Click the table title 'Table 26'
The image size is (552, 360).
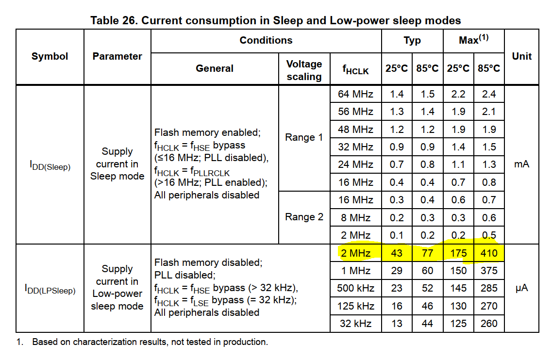[275, 20]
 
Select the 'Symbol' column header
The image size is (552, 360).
[50, 56]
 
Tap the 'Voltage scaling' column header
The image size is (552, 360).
[304, 70]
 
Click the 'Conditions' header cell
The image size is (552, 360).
[266, 40]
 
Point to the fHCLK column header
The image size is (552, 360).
[355, 70]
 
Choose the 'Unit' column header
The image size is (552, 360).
[521, 56]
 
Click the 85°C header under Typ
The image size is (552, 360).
[427, 68]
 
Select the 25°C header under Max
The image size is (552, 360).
[458, 68]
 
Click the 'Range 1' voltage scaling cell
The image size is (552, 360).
[304, 137]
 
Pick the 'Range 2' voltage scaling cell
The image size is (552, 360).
[304, 217]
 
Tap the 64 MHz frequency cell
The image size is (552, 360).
[355, 94]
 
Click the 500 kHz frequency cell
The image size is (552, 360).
[355, 288]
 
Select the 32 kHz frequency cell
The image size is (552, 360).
[355, 324]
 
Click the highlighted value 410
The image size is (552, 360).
[489, 253]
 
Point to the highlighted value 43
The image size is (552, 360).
[397, 253]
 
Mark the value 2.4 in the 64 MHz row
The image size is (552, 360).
[489, 94]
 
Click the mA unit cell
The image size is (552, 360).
[521, 164]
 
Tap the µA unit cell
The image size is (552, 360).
[521, 288]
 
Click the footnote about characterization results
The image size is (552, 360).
[150, 342]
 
